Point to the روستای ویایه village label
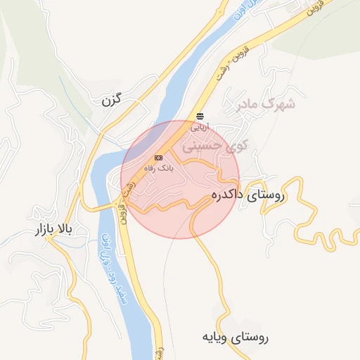click(234, 337)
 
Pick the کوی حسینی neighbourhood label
click(212, 146)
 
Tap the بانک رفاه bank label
click(158, 168)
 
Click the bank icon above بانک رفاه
click(158, 157)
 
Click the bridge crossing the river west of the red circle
click(110, 205)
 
